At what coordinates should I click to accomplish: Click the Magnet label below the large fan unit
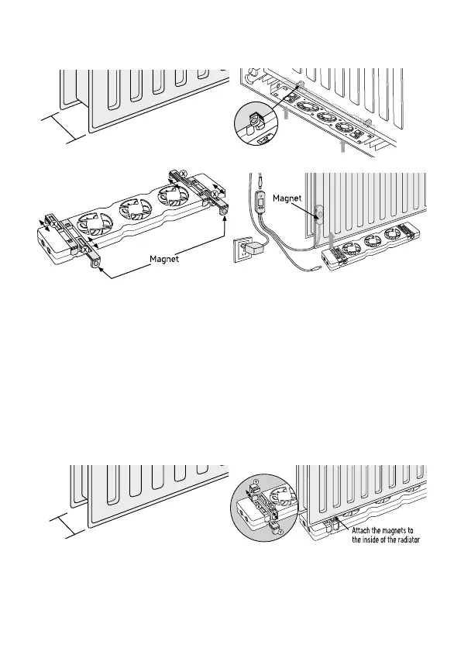pos(164,259)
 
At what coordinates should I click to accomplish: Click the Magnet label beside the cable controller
pos(287,198)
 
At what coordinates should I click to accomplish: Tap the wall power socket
pos(242,251)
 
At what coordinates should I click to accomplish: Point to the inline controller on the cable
pos(260,200)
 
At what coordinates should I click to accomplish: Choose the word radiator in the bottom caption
pos(408,539)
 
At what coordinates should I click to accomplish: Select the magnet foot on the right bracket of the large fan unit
pos(223,212)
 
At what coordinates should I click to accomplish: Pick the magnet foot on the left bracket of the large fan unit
pos(95,265)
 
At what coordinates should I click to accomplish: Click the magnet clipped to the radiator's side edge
pos(319,213)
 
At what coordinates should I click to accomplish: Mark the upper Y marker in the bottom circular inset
pos(256,481)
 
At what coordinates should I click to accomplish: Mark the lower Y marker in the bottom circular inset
pos(280,532)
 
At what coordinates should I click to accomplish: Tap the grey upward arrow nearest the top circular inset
pos(286,112)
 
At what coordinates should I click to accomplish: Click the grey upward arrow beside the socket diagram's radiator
pos(331,240)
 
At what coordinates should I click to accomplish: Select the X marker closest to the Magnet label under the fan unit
pos(85,249)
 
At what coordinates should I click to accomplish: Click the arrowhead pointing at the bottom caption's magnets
pos(337,519)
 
